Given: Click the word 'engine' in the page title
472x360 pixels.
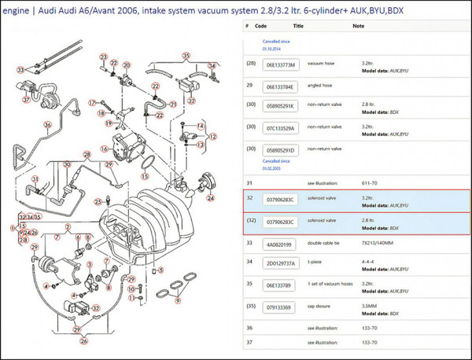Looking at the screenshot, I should click(16, 9).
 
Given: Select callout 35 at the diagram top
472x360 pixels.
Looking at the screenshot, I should click(185, 55).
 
